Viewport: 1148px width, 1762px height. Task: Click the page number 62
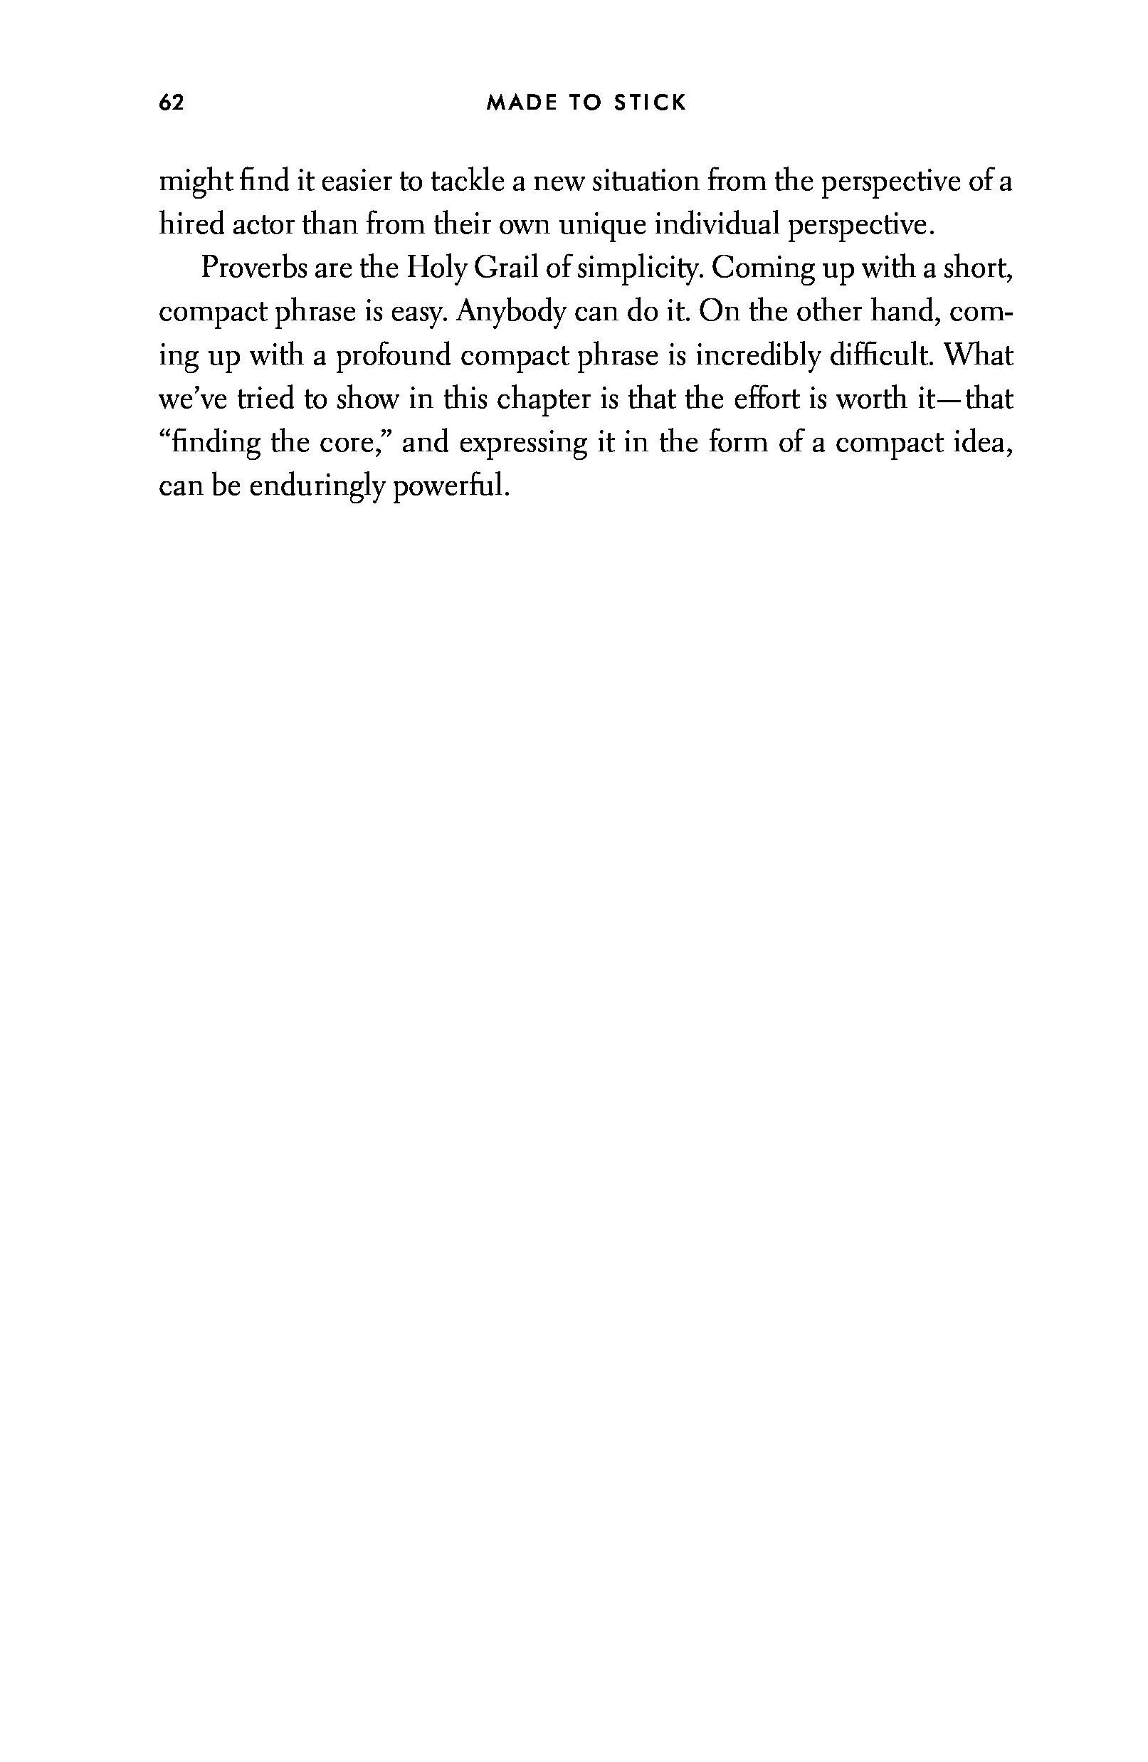click(171, 103)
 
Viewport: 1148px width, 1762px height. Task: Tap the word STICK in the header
click(650, 103)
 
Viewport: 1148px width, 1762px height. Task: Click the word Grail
click(505, 268)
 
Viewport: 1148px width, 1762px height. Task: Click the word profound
click(393, 356)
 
